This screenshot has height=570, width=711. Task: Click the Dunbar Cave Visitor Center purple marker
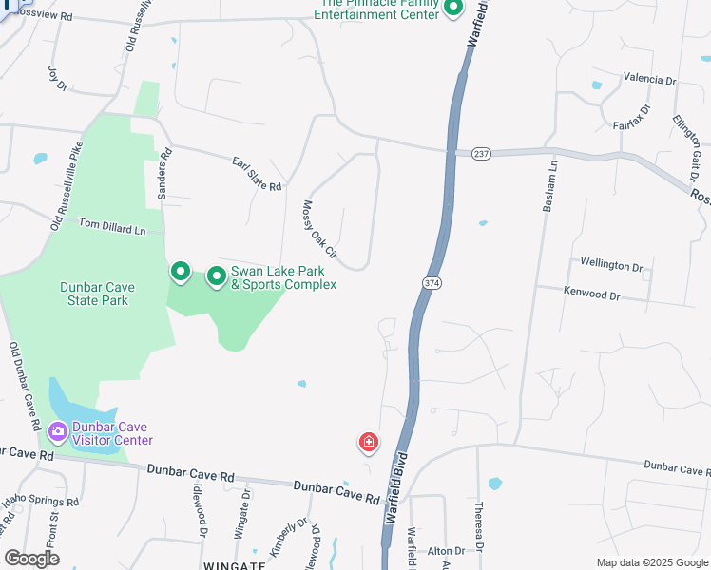pyautogui.click(x=58, y=432)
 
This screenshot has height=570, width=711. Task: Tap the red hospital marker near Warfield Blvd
pyautogui.click(x=368, y=442)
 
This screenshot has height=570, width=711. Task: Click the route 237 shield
pyautogui.click(x=481, y=153)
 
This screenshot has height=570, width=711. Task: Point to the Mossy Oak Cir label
pyautogui.click(x=318, y=229)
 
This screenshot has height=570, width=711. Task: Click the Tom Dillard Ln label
pyautogui.click(x=112, y=226)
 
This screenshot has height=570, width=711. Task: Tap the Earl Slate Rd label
pyautogui.click(x=258, y=174)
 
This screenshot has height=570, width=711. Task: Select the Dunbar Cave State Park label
pyautogui.click(x=97, y=294)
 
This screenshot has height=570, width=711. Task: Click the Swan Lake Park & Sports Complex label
pyautogui.click(x=283, y=277)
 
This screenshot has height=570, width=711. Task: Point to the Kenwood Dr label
pyautogui.click(x=591, y=294)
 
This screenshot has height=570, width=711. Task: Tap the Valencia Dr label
pyautogui.click(x=648, y=79)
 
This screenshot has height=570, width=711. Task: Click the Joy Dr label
pyautogui.click(x=58, y=79)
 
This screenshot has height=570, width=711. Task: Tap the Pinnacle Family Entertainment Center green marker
pyautogui.click(x=453, y=9)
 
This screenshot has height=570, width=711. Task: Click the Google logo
pyautogui.click(x=31, y=559)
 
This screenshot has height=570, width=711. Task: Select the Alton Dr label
pyautogui.click(x=446, y=551)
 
